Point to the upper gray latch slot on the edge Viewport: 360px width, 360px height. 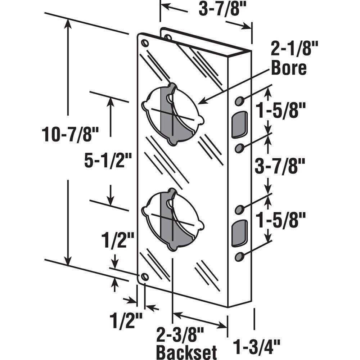[x=240, y=125]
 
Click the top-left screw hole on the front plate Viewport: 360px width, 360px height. [x=145, y=43]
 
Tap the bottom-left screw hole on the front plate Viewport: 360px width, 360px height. [x=145, y=276]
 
